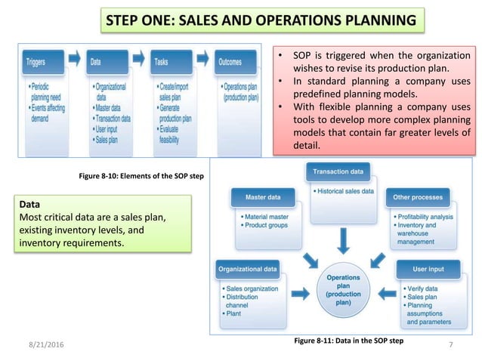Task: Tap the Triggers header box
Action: pos(41,62)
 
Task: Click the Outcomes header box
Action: pos(234,62)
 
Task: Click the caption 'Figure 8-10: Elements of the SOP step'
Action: pos(141,176)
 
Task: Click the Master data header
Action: pos(263,198)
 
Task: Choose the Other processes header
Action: pos(417,198)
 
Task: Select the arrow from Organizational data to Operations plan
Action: pos(299,292)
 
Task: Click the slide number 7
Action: pos(450,346)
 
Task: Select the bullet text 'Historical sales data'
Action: pos(345,191)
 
